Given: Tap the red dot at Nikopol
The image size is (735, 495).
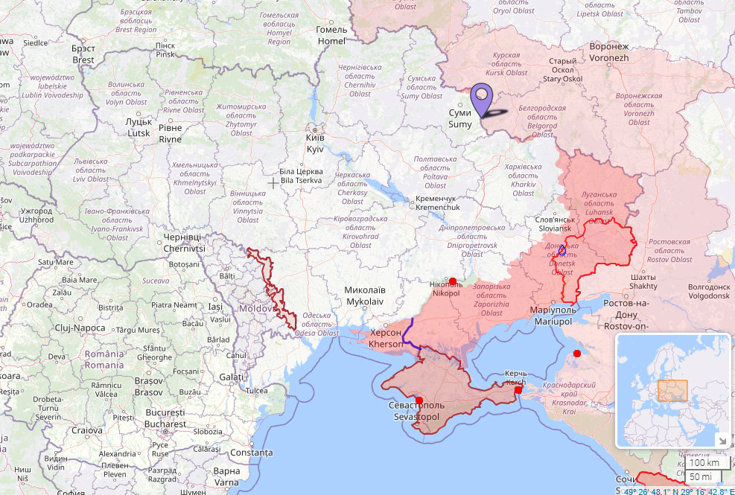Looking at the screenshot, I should (x=453, y=281).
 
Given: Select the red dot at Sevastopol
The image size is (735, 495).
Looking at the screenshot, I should (x=419, y=400).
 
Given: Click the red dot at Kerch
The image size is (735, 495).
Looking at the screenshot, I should (x=518, y=389).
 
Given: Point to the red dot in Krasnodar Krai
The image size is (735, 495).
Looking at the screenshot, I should (x=576, y=354).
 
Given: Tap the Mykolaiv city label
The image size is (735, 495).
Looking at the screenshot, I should (x=365, y=296).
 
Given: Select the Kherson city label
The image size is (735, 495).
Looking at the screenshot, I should (x=386, y=339).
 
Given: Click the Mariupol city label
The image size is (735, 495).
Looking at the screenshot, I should (x=551, y=315).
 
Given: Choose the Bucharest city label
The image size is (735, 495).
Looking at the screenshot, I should (x=165, y=418).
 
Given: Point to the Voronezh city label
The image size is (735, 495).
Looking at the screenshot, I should (x=609, y=52).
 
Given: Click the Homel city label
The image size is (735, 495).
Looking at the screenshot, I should (x=331, y=36).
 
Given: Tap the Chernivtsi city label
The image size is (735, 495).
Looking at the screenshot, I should (x=183, y=242).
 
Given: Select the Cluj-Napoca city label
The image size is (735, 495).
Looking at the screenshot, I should (x=80, y=328).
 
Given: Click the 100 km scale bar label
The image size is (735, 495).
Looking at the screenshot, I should (x=704, y=462).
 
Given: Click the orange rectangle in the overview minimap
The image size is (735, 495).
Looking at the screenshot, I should (x=672, y=391).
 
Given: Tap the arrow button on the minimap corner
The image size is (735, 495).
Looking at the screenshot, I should (x=721, y=440).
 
